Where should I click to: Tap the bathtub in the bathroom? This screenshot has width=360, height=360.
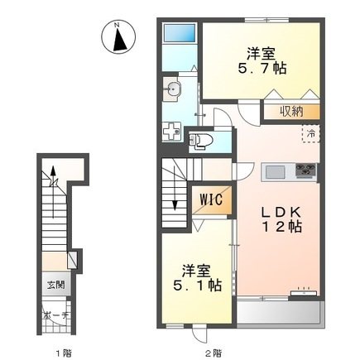pos(180,33)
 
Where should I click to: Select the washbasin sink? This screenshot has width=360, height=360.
pos(171,89)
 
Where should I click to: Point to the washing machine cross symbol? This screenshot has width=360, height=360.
pos(171,132)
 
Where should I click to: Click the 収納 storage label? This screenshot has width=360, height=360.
pos(291,112)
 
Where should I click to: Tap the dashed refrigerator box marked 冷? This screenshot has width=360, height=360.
pos(311,134)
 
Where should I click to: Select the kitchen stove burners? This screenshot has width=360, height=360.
pos(305,170)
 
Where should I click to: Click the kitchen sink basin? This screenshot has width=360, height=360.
pos(276,173)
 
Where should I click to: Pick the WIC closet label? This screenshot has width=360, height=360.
pos(211,199)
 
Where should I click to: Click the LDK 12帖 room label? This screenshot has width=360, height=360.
pos(281,219)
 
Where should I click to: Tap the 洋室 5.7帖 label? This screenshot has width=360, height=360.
pos(262,61)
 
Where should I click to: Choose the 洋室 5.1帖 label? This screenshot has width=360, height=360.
pos(197,278)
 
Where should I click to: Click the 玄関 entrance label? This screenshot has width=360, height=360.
pos(56,285)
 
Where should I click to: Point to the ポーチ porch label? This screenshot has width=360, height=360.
pos(55,315)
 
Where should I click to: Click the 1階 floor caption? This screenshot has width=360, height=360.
pos(64,353)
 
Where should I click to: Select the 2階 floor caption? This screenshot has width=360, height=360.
pos(214,353)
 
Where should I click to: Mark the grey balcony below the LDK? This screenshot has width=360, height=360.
pos(279,312)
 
